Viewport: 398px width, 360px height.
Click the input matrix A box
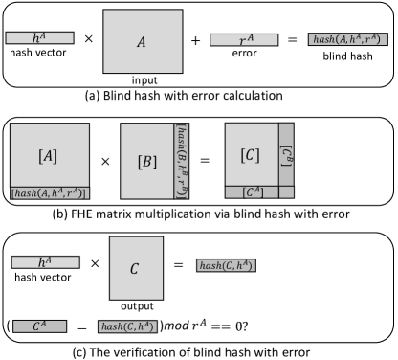(x=143, y=41)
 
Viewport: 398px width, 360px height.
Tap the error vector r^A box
(x=244, y=40)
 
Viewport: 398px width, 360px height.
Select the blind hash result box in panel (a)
(x=348, y=39)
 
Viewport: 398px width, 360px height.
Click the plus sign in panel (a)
(x=195, y=40)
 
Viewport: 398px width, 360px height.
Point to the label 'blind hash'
(x=347, y=56)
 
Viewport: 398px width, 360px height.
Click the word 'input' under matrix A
(x=144, y=80)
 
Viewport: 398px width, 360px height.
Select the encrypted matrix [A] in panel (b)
(x=50, y=155)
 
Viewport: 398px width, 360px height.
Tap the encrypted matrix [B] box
(x=146, y=161)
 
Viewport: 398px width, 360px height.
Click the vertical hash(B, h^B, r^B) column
(x=182, y=161)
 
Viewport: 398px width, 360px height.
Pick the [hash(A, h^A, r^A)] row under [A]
(x=50, y=193)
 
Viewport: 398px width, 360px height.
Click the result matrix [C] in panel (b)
(x=252, y=154)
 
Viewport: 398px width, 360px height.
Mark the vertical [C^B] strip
(x=287, y=154)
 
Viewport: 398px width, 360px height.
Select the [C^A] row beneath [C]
(x=252, y=192)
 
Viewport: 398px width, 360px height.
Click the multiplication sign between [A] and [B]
(x=105, y=162)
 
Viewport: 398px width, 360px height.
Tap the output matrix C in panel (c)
(x=136, y=268)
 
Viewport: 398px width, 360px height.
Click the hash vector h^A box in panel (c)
(x=46, y=262)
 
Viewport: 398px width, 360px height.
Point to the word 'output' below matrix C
(x=137, y=306)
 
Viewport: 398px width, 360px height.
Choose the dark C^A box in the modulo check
(x=40, y=326)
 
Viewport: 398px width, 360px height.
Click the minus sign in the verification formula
(x=82, y=328)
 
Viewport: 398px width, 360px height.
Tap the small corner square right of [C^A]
(x=287, y=192)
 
